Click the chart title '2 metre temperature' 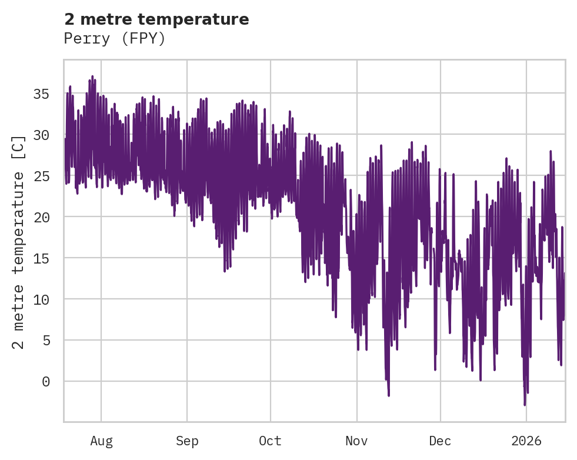click(x=156, y=19)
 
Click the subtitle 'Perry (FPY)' click(x=115, y=39)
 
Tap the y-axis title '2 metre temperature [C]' click(x=19, y=242)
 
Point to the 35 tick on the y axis click(x=41, y=94)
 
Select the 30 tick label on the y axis click(x=41, y=135)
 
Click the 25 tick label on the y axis click(x=41, y=176)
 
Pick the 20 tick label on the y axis click(x=41, y=217)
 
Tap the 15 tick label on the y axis click(x=41, y=258)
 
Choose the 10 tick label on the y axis click(x=41, y=299)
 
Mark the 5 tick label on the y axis click(x=45, y=340)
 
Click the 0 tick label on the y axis click(x=45, y=381)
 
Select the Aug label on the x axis click(x=101, y=441)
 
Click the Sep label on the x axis click(x=187, y=441)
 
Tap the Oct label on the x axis click(x=271, y=441)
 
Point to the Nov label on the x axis click(x=356, y=441)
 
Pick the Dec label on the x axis click(x=441, y=441)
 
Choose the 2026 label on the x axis click(x=526, y=441)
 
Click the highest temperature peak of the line click(x=92, y=76)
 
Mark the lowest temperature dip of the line click(x=525, y=405)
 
